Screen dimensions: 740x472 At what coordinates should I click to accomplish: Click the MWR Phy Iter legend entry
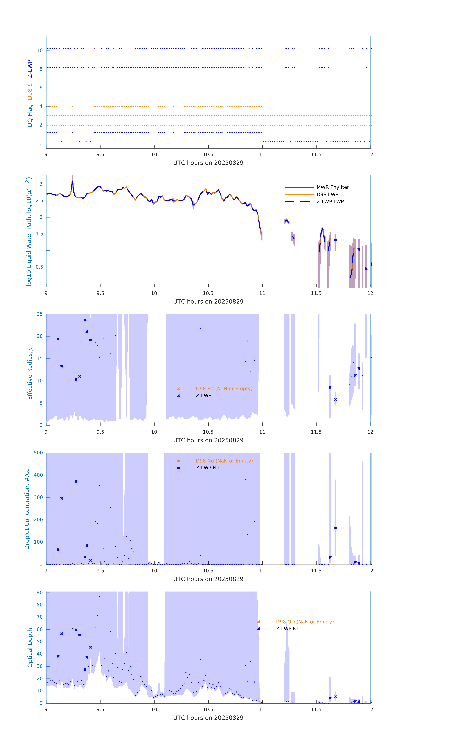332,187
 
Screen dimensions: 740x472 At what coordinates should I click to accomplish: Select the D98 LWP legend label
327,194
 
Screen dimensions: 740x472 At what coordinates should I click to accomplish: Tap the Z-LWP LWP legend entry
330,202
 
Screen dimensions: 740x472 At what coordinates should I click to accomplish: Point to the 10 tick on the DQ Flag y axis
40,50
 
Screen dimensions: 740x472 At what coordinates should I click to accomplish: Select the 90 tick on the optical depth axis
40,592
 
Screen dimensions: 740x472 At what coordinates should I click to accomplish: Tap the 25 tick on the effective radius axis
40,314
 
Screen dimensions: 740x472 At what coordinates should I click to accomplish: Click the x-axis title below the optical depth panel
208,718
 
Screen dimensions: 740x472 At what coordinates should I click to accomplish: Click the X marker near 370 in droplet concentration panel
76,481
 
